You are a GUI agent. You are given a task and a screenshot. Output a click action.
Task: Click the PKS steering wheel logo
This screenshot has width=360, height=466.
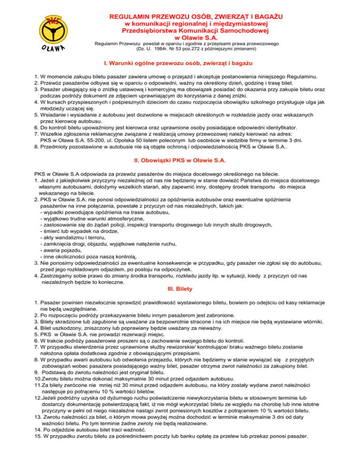click(x=55, y=29)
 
